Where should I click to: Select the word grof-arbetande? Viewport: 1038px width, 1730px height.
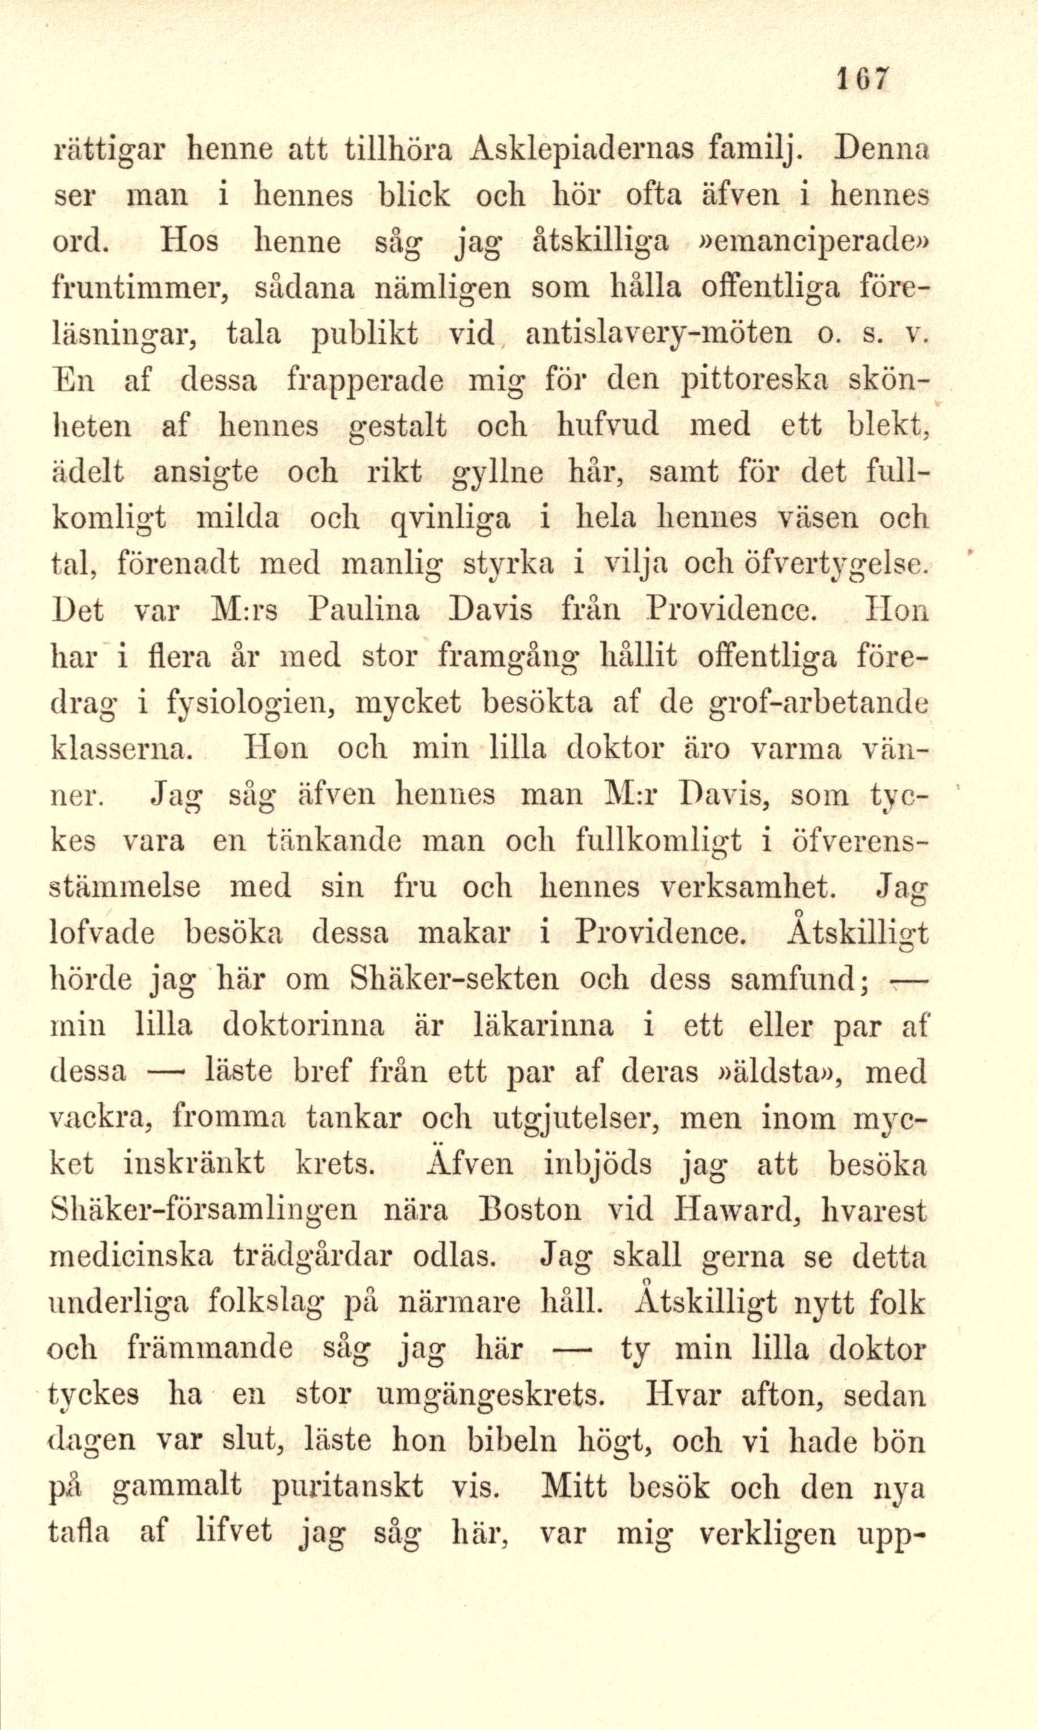tap(818, 703)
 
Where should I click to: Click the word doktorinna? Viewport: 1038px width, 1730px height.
tap(304, 1026)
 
